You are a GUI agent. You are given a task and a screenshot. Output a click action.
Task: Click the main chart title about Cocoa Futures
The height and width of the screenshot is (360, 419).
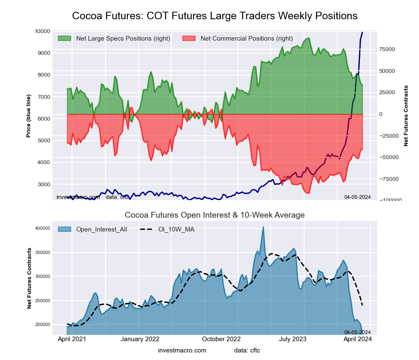[x=215, y=16]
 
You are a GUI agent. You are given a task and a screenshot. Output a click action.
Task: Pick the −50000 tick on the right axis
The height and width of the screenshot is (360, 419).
[x=388, y=157]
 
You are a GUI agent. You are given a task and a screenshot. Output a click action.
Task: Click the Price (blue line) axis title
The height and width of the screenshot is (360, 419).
[x=28, y=116]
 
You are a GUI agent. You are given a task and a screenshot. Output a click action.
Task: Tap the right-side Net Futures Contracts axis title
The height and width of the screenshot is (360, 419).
[x=406, y=116]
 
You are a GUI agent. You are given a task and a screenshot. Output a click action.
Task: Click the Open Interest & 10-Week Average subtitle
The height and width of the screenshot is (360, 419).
[x=215, y=215]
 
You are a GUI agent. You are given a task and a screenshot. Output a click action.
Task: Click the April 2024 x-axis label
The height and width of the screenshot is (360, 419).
[x=358, y=339]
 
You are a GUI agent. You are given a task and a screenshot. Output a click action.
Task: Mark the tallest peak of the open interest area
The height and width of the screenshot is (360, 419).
[x=263, y=227]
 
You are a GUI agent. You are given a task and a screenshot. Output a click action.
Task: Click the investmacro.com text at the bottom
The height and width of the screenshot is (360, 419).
[x=182, y=350]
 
